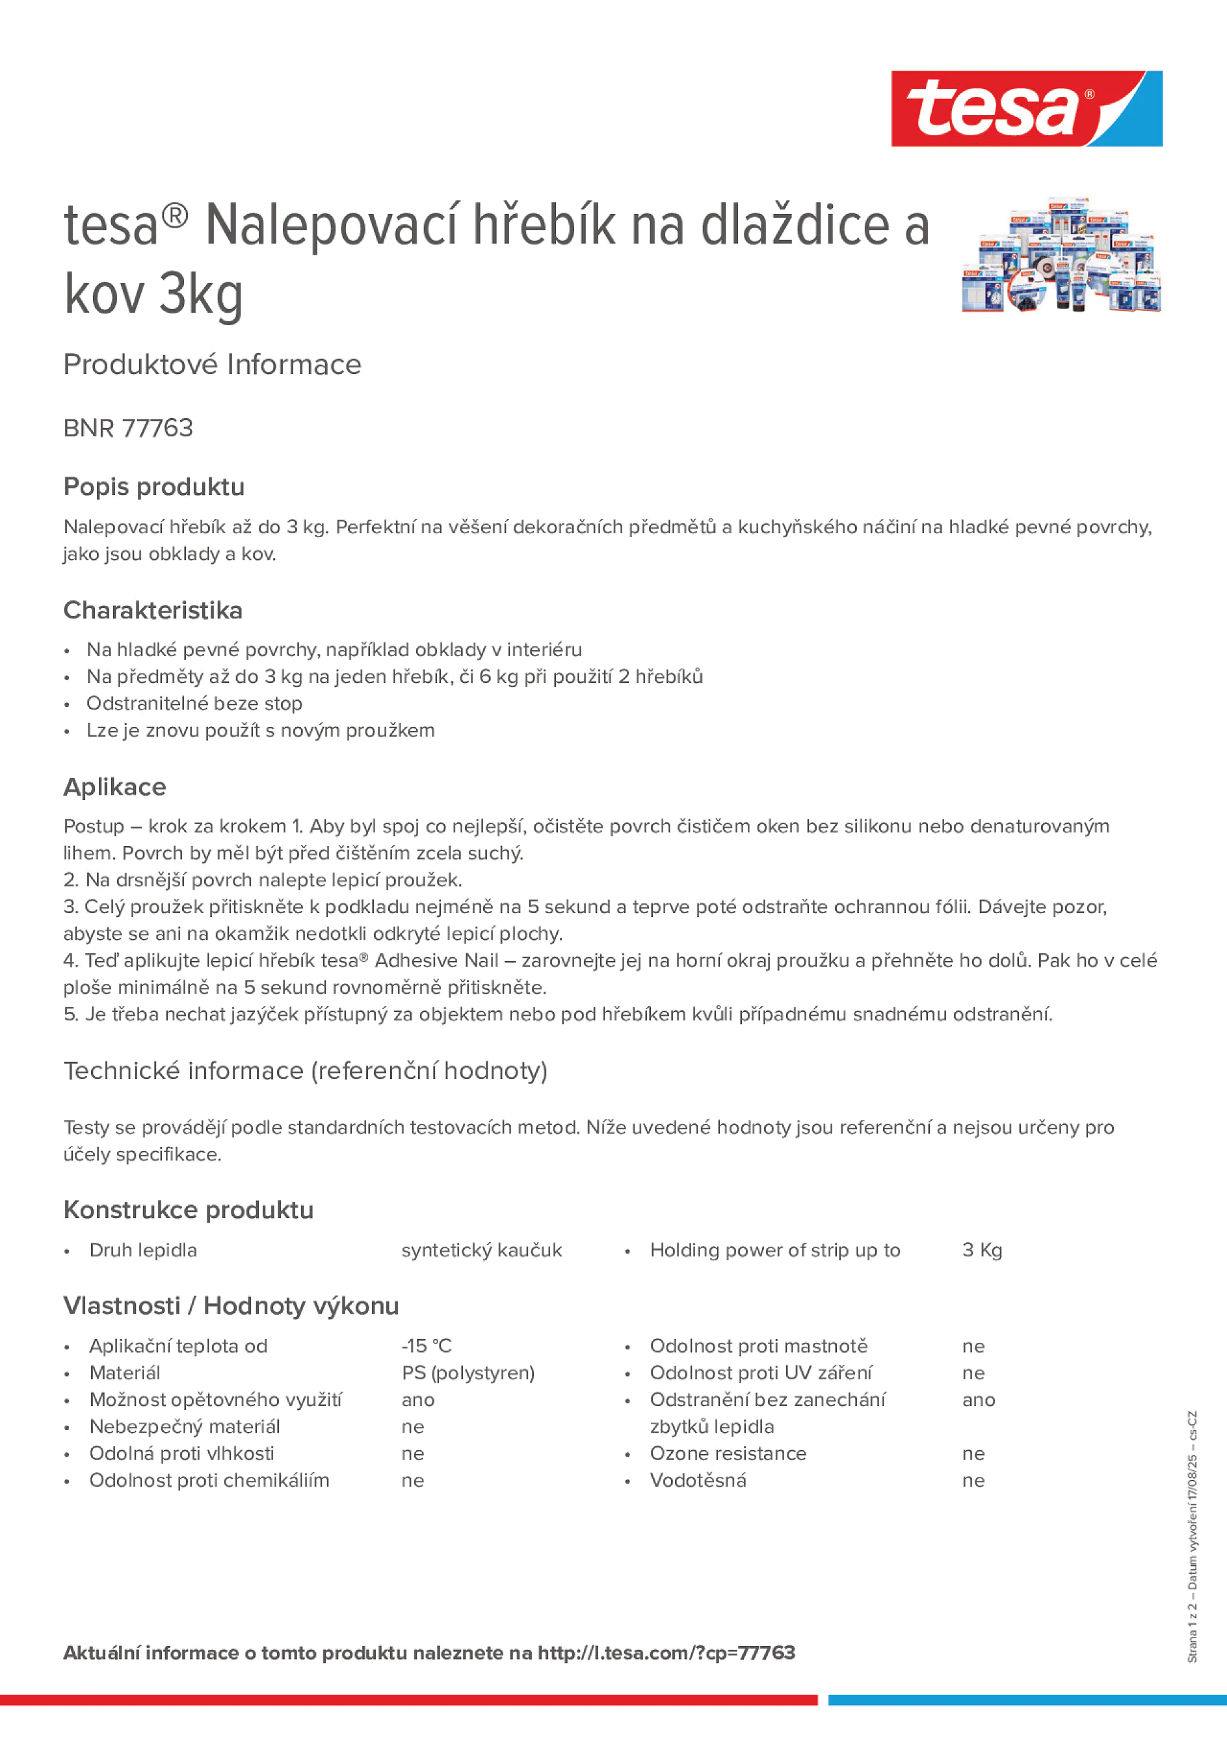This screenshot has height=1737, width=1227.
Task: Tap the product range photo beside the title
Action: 1061,255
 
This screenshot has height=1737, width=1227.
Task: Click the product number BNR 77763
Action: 128,428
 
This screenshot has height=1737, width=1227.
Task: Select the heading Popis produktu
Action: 153,486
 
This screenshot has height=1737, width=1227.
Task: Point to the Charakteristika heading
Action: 153,610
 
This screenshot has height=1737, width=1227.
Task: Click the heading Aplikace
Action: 114,787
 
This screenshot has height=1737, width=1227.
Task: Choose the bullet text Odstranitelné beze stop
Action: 194,703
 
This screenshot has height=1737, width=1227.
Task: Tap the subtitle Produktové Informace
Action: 212,365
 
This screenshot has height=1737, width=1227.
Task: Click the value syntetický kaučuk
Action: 481,1250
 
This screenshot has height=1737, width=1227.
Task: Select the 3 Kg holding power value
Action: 981,1250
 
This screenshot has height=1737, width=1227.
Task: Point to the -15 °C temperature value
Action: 426,1346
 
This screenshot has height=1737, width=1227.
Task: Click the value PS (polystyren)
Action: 468,1372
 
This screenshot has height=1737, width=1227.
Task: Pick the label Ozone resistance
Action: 728,1453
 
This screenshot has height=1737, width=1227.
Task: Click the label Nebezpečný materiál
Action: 184,1426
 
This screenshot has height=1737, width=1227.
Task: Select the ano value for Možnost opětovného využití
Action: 417,1399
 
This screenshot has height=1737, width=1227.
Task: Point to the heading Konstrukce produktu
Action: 189,1210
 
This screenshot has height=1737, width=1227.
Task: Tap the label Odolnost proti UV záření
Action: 760,1372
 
